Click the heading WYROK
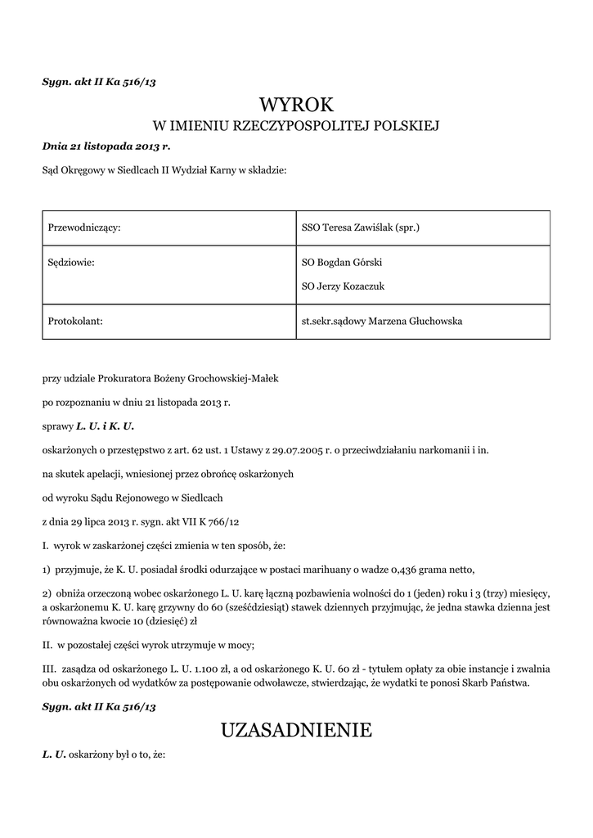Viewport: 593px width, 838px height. [296, 105]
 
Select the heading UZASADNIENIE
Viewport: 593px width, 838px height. [296, 730]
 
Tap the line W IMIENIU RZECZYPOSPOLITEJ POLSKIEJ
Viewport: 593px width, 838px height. [296, 127]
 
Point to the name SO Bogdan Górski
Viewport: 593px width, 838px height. [342, 263]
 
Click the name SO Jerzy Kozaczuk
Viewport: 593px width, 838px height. [344, 286]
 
